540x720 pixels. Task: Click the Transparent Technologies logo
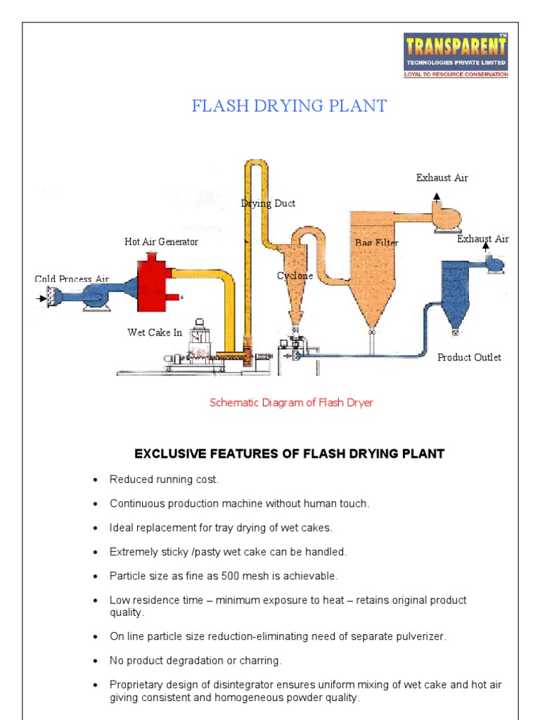click(x=456, y=55)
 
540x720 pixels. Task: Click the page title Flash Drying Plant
click(x=290, y=106)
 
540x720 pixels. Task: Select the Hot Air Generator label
click(x=161, y=242)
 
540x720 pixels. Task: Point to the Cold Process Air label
click(x=72, y=279)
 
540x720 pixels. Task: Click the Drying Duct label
click(x=268, y=203)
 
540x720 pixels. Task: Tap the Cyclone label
click(x=295, y=276)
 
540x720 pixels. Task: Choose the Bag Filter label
click(x=376, y=243)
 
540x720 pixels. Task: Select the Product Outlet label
click(x=469, y=357)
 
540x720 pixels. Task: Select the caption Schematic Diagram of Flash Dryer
click(x=291, y=403)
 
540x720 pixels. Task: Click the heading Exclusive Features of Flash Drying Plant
click(x=289, y=454)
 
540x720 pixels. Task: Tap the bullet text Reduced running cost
click(x=164, y=480)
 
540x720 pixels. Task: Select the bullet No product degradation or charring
click(x=195, y=661)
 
